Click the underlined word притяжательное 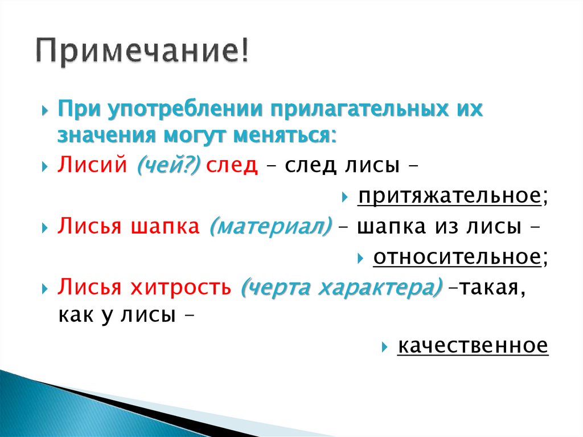tap(449, 197)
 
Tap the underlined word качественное tap(473, 345)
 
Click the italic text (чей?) tap(167, 166)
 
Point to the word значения tap(106, 136)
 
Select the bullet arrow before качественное tap(385, 346)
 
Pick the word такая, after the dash tap(491, 288)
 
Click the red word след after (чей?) tap(232, 166)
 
